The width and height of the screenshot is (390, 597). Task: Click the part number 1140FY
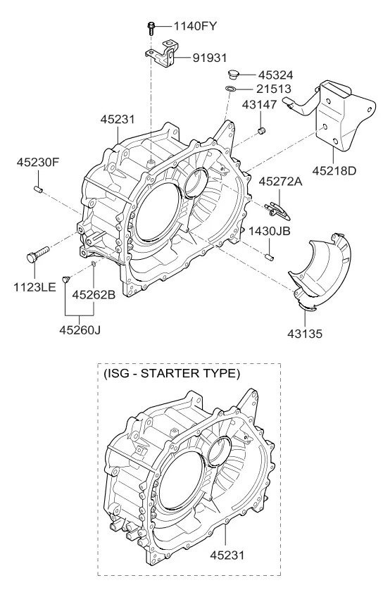tap(195, 26)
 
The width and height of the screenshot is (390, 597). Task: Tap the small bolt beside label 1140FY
tap(151, 27)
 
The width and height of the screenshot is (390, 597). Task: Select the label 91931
tap(210, 58)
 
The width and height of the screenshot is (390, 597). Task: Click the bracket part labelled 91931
tap(163, 54)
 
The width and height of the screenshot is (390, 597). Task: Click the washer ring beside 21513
tap(230, 89)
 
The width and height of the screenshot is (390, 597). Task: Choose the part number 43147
tap(259, 104)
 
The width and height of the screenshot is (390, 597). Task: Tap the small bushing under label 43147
tap(261, 131)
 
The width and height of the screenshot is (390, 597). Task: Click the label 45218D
tap(334, 170)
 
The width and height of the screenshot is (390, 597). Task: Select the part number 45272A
tap(281, 181)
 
